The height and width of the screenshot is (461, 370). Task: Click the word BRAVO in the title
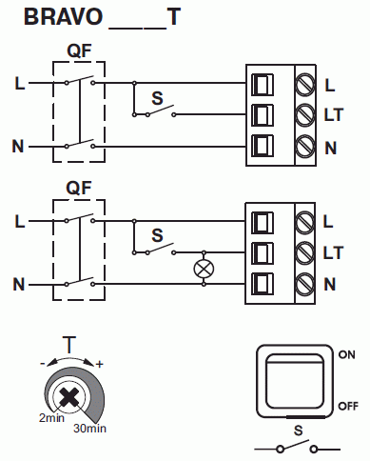pyautogui.click(x=63, y=16)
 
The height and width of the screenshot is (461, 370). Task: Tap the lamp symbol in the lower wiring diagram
pyautogui.click(x=204, y=269)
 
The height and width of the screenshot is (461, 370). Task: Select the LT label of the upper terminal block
pyautogui.click(x=334, y=114)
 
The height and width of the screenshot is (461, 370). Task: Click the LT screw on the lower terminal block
pyautogui.click(x=305, y=252)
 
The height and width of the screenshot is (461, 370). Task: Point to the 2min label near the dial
pyautogui.click(x=51, y=418)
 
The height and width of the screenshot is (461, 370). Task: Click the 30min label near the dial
pyautogui.click(x=89, y=429)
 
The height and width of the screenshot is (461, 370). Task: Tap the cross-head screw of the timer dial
pyautogui.click(x=68, y=397)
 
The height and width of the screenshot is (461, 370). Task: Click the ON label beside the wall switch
pyautogui.click(x=347, y=354)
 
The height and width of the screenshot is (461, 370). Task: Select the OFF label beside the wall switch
pyautogui.click(x=348, y=406)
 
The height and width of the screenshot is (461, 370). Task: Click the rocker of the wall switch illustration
pyautogui.click(x=295, y=381)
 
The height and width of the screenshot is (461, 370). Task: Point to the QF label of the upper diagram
pyautogui.click(x=79, y=50)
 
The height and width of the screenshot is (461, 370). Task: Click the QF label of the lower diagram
pyautogui.click(x=79, y=188)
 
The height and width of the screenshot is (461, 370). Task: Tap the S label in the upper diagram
pyautogui.click(x=157, y=98)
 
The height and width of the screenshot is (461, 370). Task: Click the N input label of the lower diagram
pyautogui.click(x=19, y=284)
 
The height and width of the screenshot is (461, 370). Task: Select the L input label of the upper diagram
pyautogui.click(x=20, y=84)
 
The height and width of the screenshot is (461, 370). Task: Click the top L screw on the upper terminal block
pyautogui.click(x=305, y=85)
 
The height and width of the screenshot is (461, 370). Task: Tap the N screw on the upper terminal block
pyautogui.click(x=305, y=147)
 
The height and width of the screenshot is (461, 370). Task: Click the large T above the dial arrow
pyautogui.click(x=69, y=345)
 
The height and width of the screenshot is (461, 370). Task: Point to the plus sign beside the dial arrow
pyautogui.click(x=100, y=364)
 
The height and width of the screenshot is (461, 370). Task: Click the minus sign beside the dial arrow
pyautogui.click(x=43, y=364)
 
